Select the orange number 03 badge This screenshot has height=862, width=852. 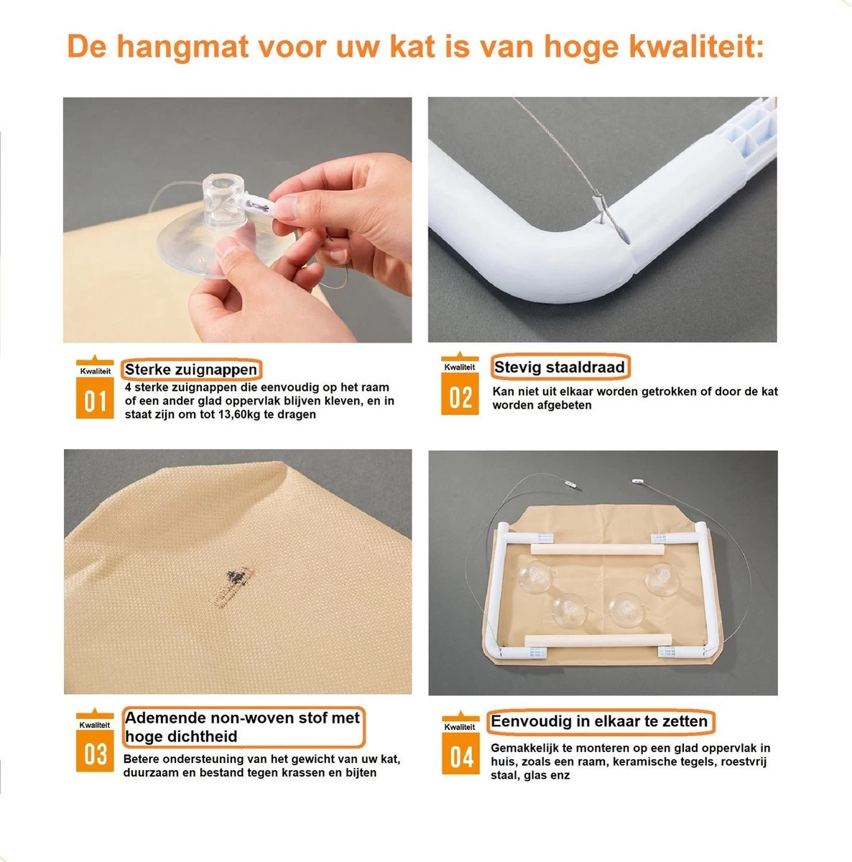(x=95, y=754)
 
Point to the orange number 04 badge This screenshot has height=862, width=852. (x=460, y=757)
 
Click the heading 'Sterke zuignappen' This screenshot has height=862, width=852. (x=190, y=370)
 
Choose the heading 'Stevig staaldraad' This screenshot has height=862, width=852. (x=560, y=367)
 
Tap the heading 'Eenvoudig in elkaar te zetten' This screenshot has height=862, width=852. (x=599, y=721)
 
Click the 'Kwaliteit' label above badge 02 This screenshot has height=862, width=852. (x=460, y=367)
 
